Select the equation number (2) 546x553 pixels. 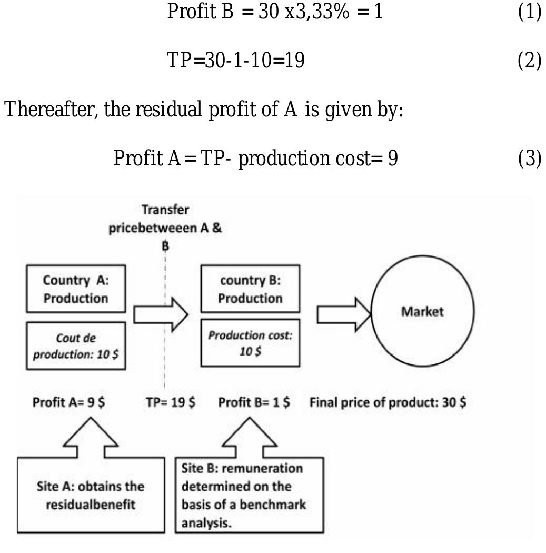529,62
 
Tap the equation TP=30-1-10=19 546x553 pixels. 235,62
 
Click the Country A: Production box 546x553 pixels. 76,289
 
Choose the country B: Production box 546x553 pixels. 250,289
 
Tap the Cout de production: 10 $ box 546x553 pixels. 76,346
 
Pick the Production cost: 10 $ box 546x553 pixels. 250,343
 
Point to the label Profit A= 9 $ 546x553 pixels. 68,403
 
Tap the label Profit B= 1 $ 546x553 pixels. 255,403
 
